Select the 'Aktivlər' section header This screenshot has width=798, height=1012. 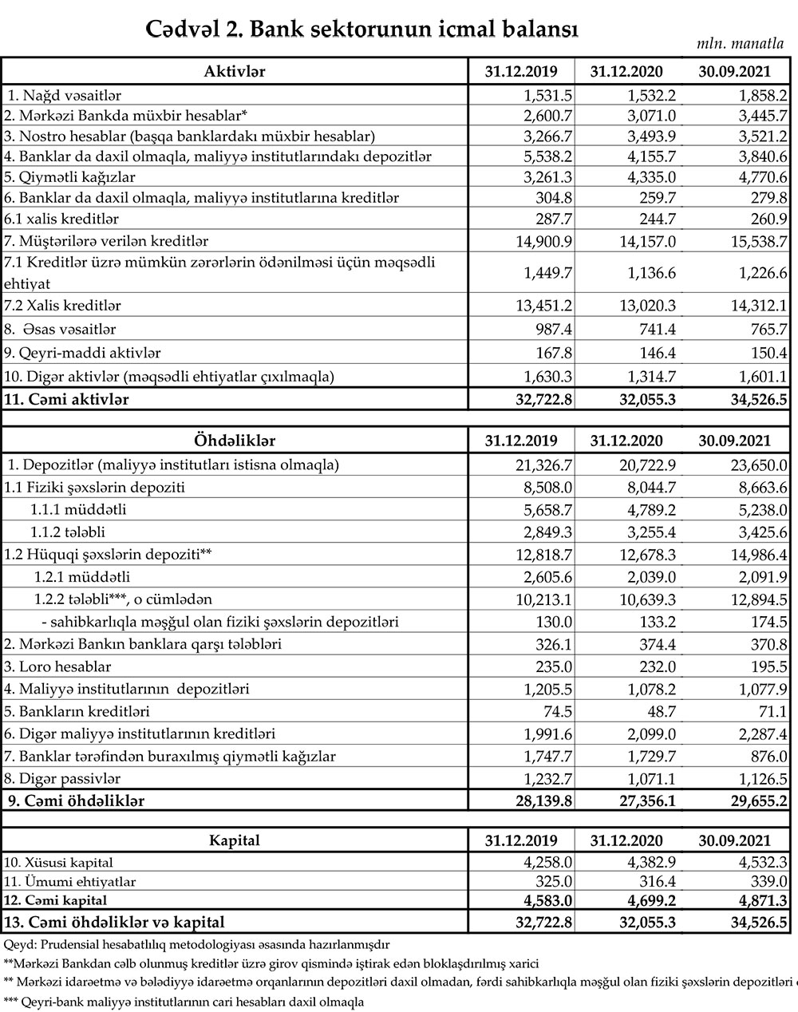(x=235, y=72)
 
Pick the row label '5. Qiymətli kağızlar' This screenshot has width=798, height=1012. (x=69, y=177)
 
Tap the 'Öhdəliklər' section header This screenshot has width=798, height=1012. (x=235, y=441)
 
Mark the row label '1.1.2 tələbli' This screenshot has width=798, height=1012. (x=68, y=532)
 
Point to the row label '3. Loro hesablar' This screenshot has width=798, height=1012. (x=57, y=666)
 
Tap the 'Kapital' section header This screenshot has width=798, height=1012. (x=235, y=840)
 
